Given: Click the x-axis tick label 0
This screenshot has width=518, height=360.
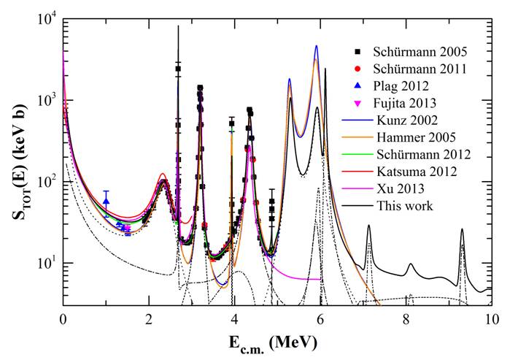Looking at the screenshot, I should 63,319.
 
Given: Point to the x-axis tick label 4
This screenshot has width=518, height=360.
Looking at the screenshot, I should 235,319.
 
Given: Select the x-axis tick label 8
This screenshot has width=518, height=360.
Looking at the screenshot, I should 406,319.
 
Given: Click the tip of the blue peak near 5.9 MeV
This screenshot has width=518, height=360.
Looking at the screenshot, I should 317,46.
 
